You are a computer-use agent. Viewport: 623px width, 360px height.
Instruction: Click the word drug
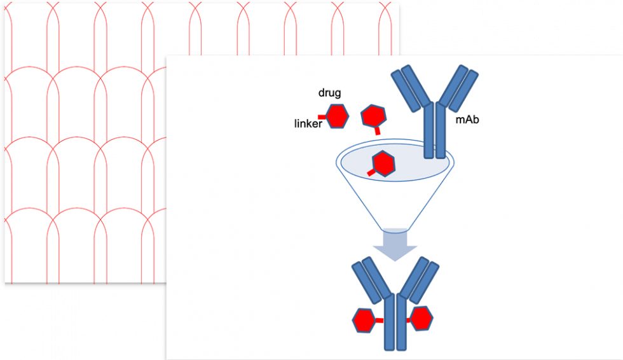[329, 93]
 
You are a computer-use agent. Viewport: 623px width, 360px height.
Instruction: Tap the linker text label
[308, 123]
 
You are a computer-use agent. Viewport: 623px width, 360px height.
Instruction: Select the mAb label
[467, 119]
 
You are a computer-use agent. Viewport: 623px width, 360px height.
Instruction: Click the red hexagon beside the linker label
[338, 116]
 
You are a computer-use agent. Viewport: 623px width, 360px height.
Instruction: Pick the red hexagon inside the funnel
[383, 163]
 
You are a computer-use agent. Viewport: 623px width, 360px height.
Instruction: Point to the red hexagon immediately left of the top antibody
[373, 116]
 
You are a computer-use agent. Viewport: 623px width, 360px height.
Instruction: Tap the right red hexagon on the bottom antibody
[421, 318]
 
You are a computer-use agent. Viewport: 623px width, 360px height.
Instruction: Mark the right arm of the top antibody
[460, 89]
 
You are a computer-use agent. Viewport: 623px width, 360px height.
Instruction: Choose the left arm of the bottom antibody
[370, 279]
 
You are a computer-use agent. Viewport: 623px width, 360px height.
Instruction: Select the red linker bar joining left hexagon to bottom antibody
[380, 321]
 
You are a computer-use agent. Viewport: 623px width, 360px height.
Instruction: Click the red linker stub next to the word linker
[322, 116]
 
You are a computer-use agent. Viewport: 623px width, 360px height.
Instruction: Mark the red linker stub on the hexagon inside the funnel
[371, 172]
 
